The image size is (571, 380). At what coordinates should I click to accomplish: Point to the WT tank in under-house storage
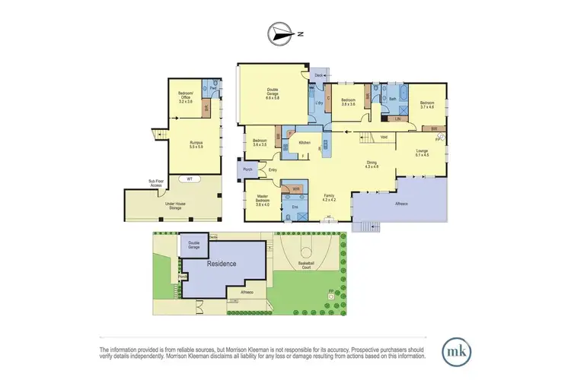(187, 179)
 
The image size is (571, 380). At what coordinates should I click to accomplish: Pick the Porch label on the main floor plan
(247, 169)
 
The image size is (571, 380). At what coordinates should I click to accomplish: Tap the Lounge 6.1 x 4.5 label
(423, 154)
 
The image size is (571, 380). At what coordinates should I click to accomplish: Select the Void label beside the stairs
(384, 137)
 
